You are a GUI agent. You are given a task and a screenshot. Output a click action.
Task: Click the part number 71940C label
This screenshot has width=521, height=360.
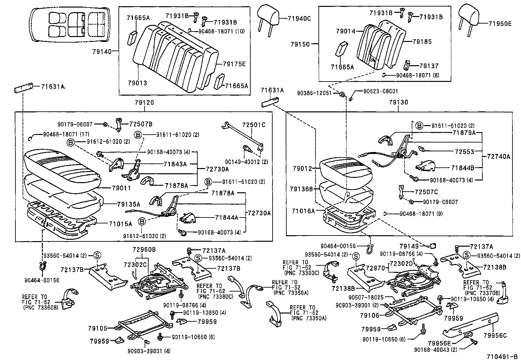pyautogui.click(x=299, y=18)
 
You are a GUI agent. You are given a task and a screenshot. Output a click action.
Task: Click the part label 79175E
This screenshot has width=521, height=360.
pyautogui.click(x=234, y=64)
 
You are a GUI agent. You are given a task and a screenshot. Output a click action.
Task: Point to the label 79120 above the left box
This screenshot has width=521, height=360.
pyautogui.click(x=144, y=103)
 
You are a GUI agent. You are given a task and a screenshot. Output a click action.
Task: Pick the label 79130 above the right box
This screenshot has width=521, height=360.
pyautogui.click(x=398, y=102)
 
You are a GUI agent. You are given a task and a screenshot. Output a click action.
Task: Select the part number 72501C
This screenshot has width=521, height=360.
pyautogui.click(x=254, y=125)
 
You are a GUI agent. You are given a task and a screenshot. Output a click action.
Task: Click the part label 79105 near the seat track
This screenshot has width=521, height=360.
pyautogui.click(x=98, y=328)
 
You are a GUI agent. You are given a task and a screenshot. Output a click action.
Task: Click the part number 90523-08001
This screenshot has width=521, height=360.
pyautogui.click(x=381, y=91)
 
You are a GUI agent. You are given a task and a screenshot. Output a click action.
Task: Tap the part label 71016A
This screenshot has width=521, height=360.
pyautogui.click(x=303, y=211)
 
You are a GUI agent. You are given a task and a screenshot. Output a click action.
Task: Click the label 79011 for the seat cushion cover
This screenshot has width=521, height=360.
pyautogui.click(x=121, y=188)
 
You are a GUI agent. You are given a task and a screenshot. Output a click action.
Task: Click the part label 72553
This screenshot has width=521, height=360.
pyautogui.click(x=464, y=152)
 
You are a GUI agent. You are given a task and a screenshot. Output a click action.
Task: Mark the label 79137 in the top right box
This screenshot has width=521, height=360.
pyautogui.click(x=429, y=66)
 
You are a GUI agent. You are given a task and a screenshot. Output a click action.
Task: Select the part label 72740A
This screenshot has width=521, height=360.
pyautogui.click(x=498, y=157)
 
